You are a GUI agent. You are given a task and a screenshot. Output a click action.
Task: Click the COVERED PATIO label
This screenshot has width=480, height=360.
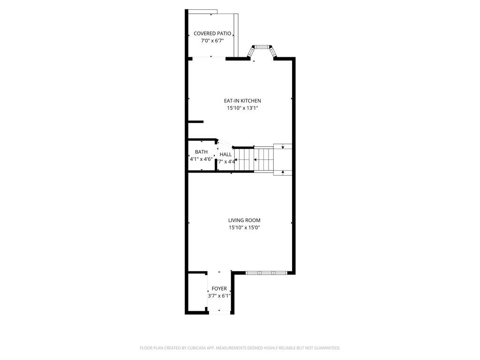212,34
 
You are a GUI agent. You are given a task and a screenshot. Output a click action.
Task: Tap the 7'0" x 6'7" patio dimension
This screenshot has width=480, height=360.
212,41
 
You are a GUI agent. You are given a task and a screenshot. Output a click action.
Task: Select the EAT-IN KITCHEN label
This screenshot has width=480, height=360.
242,101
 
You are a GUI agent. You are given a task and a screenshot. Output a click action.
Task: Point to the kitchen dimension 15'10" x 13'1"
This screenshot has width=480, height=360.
242,108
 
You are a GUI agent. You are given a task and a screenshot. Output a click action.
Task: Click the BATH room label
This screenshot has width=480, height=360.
201,152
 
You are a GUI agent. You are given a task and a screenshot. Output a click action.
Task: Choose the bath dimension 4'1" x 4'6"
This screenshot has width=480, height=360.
201,159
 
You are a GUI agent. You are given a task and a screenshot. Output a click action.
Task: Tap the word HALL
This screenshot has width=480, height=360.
225,155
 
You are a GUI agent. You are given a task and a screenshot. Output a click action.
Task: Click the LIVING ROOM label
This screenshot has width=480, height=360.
244,220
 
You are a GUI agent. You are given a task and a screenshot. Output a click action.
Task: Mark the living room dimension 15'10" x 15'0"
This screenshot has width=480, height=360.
244,228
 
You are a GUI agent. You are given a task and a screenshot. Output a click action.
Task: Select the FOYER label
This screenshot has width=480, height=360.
219,289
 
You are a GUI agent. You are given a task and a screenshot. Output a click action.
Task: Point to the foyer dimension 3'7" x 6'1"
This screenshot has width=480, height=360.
219,296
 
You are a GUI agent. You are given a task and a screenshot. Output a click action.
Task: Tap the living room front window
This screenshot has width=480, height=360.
266,272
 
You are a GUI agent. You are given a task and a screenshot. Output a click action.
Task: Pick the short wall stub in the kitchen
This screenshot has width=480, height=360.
195,122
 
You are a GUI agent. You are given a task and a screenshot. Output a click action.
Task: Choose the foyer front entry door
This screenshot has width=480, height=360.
219,312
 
